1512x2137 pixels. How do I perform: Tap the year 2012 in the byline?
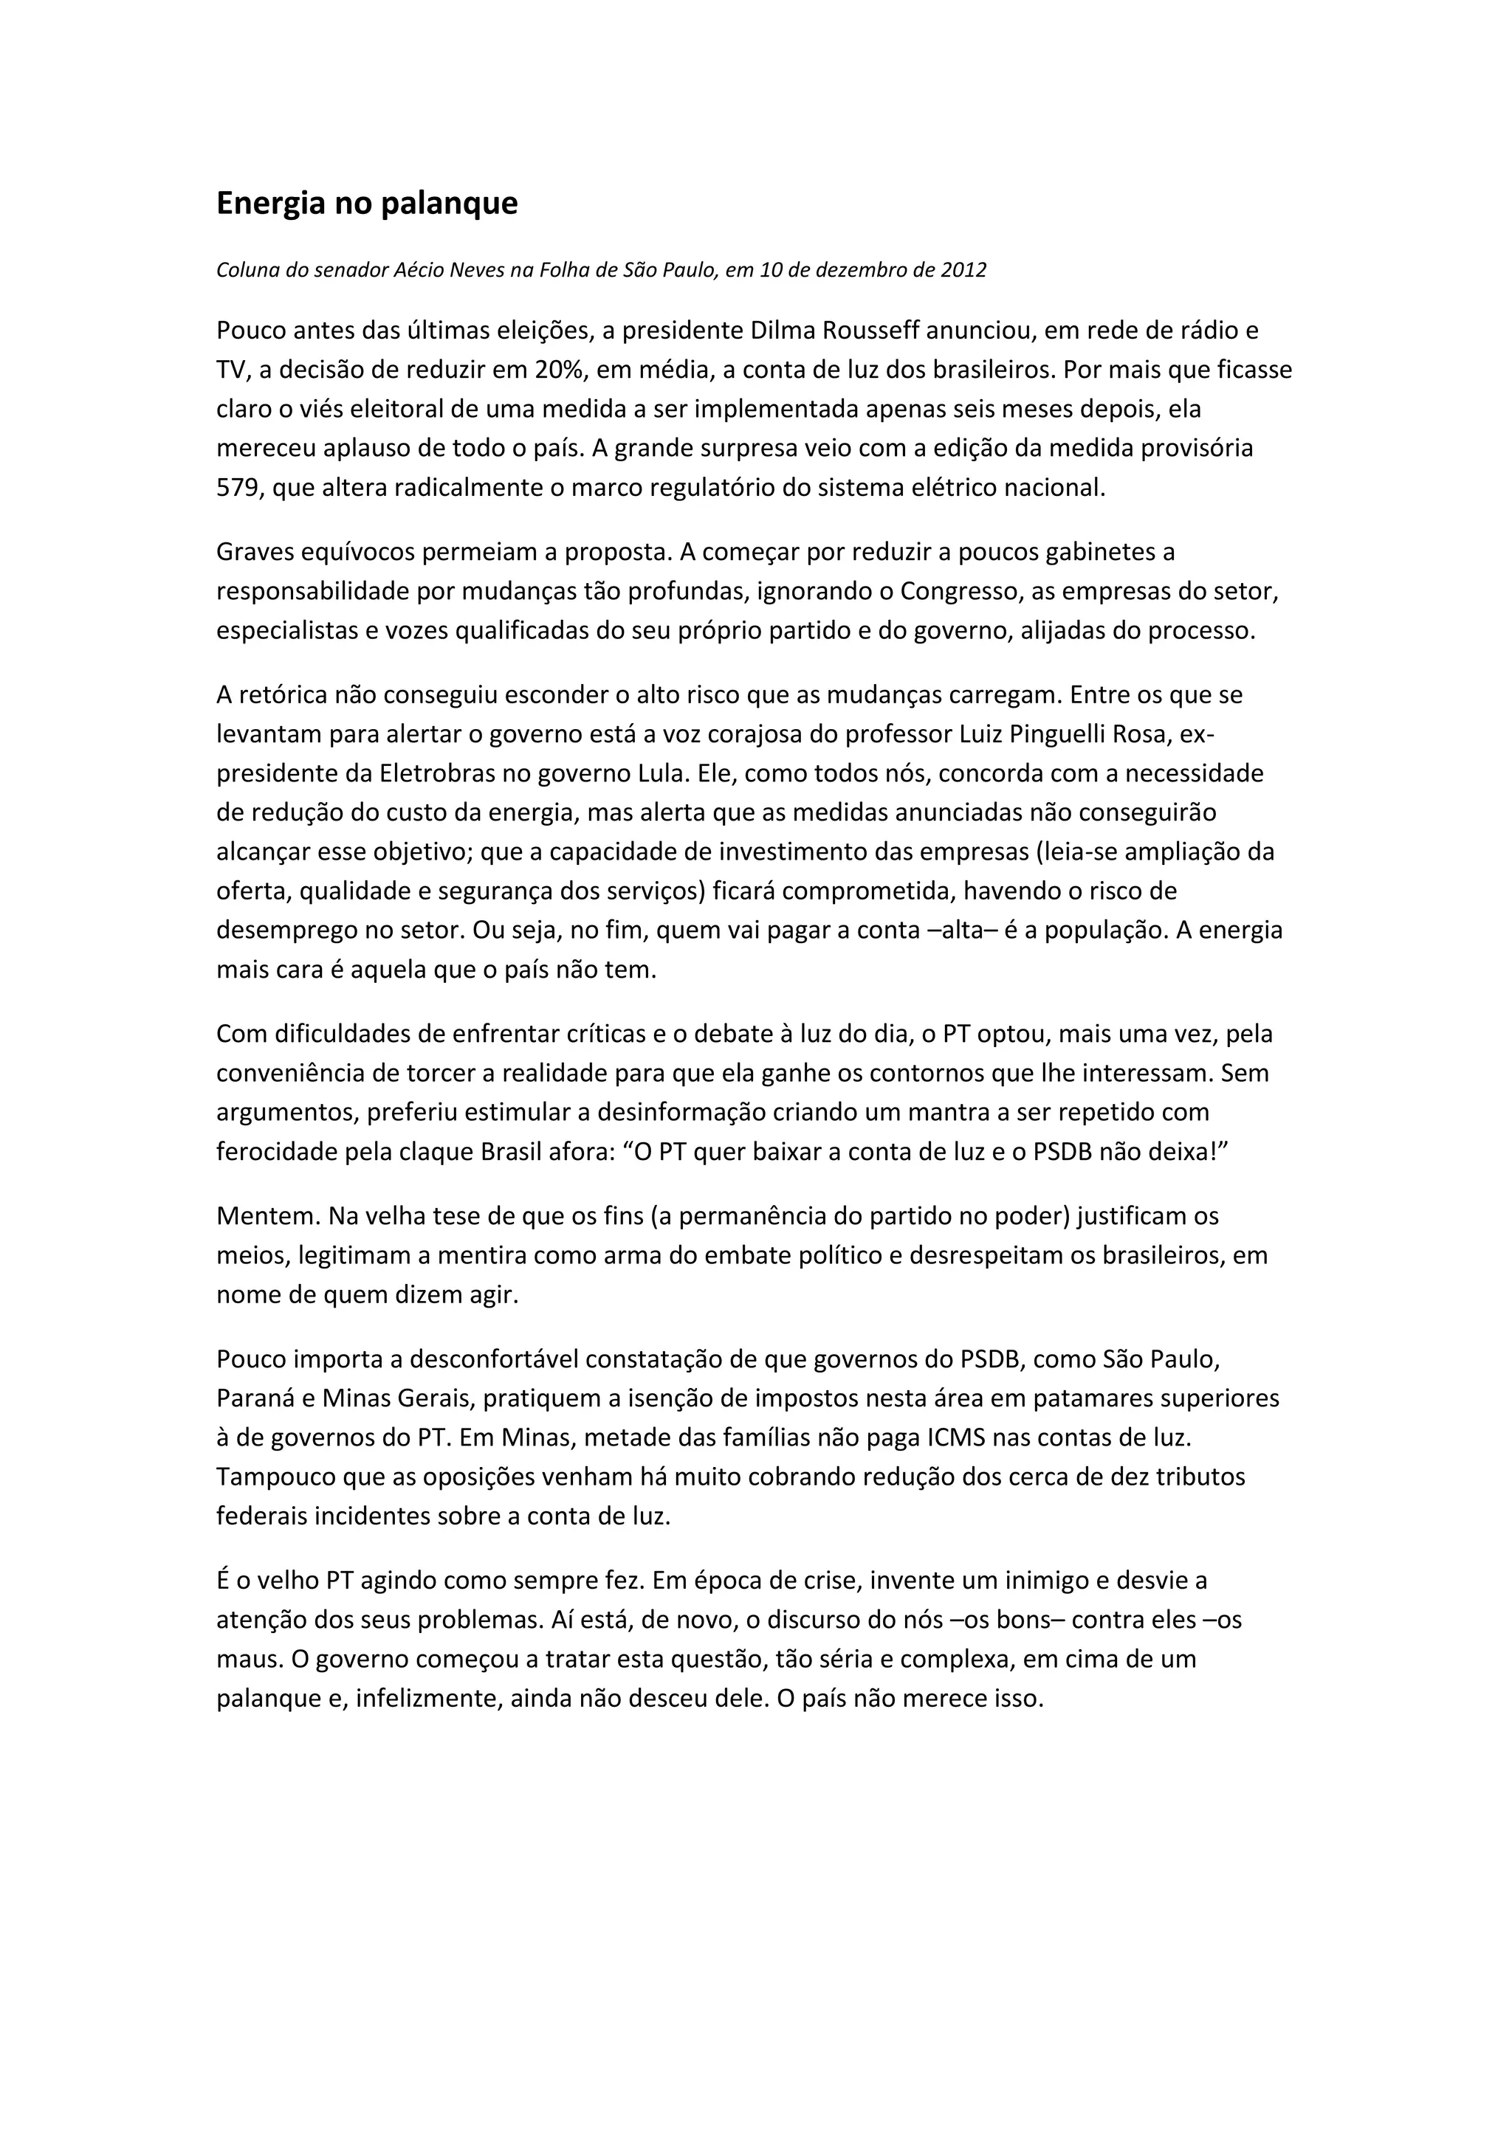point(963,271)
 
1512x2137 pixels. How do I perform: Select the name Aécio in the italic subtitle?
point(422,271)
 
